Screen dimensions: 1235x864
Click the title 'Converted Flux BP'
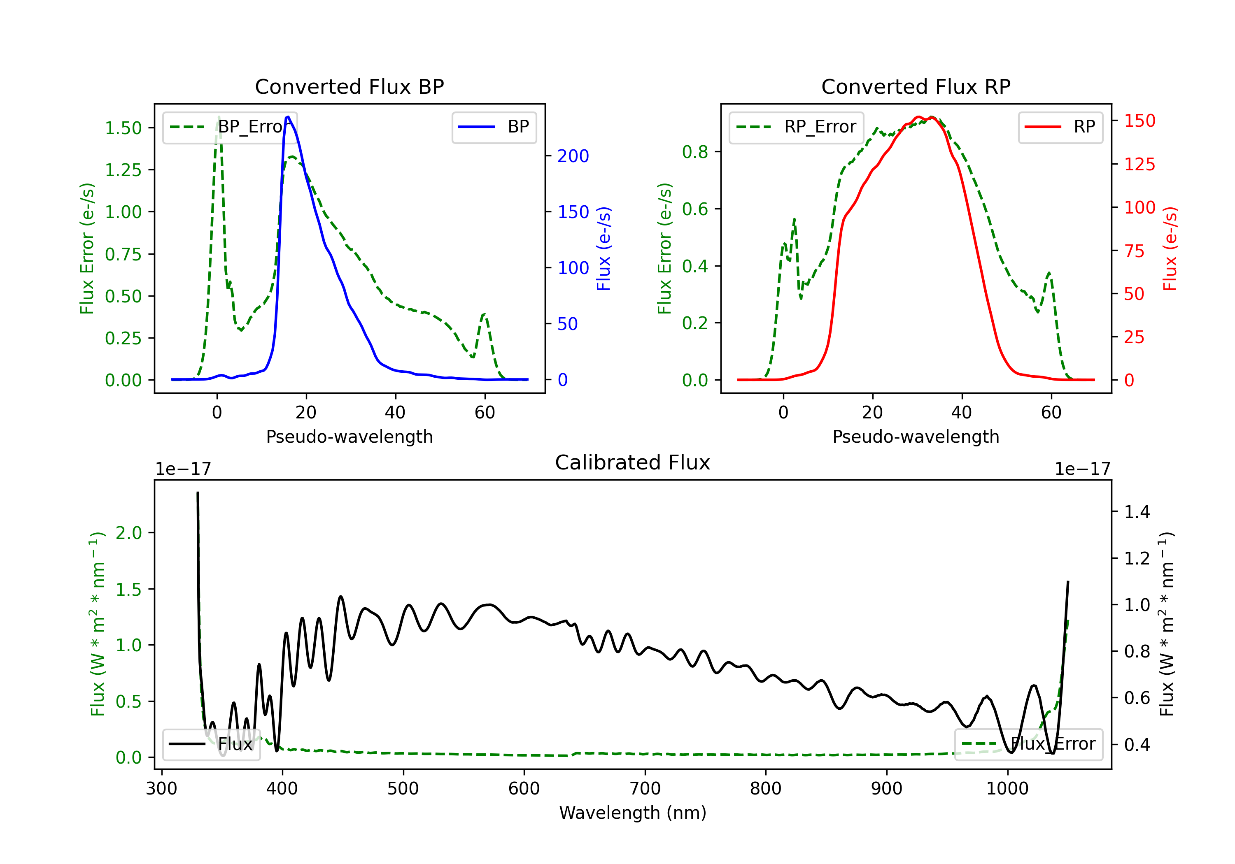tap(350, 86)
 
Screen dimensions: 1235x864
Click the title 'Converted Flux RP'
tap(916, 86)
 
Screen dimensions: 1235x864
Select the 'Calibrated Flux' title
tap(633, 462)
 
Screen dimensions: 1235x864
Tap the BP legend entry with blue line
tap(494, 127)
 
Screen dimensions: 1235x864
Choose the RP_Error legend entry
tap(796, 127)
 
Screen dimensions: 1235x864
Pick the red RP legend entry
tap(1060, 127)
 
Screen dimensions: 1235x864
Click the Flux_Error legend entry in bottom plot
tap(1028, 744)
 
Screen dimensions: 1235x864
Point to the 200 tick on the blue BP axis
tap(573, 156)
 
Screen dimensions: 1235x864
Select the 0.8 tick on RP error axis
tap(695, 152)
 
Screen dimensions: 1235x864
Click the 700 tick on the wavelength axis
tap(645, 789)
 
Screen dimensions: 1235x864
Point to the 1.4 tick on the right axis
tap(1137, 512)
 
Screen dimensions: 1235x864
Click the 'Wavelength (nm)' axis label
tap(633, 813)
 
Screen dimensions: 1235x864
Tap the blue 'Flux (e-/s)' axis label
tap(604, 249)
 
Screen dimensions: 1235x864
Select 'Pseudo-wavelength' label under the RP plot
tap(916, 437)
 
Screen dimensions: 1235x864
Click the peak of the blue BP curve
tap(288, 117)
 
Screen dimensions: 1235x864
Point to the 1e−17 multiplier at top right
tap(1082, 469)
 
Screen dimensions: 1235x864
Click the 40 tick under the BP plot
tap(395, 412)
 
